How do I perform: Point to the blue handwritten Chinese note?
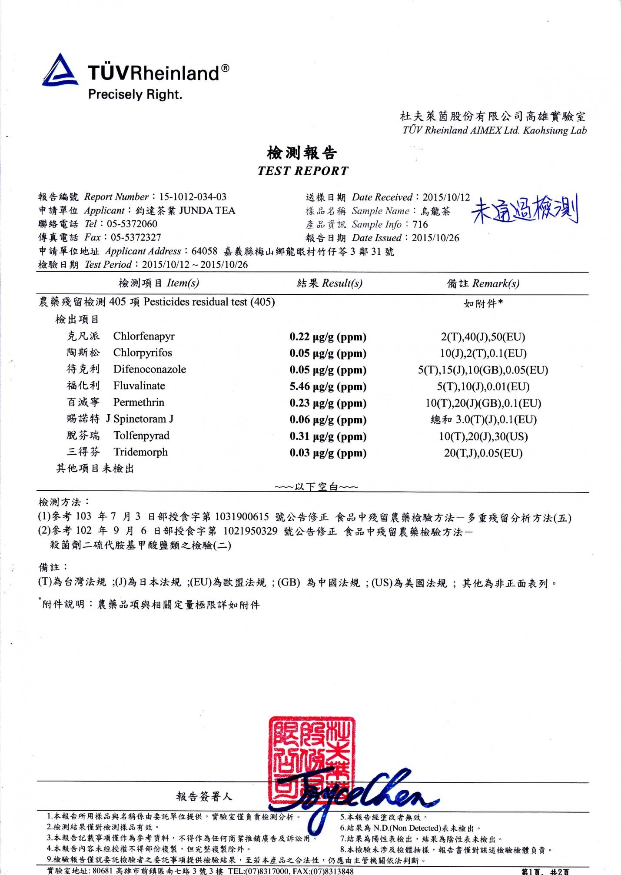[525, 210]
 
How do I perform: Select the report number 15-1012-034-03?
[193, 197]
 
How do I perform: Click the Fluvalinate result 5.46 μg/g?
[328, 386]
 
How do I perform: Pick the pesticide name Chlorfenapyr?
[144, 336]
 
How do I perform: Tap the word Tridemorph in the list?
[140, 452]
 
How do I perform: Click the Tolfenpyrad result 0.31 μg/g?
[328, 436]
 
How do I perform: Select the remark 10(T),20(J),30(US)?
[483, 436]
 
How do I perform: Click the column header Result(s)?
[342, 283]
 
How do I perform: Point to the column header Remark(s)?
[495, 284]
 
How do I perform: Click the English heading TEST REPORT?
[303, 171]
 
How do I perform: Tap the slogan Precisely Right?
[135, 94]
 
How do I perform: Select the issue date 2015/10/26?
[435, 238]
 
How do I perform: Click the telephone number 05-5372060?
[134, 224]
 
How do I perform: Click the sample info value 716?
[420, 224]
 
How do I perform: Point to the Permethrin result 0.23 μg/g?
[328, 403]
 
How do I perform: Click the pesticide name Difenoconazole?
[149, 369]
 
